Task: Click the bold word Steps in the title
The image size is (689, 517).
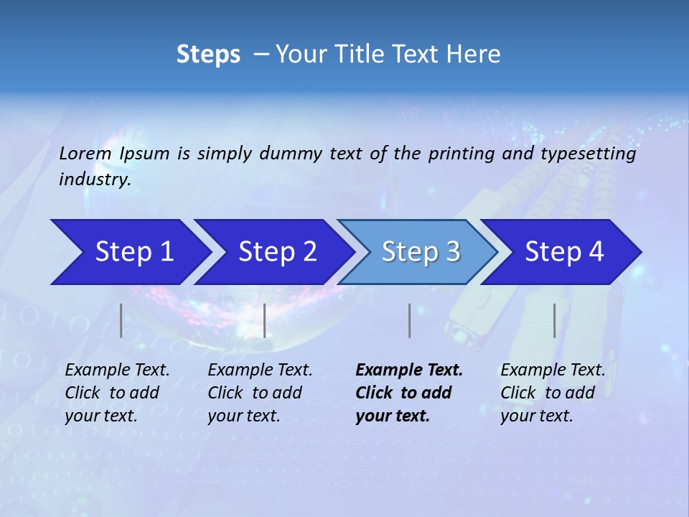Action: click(x=208, y=54)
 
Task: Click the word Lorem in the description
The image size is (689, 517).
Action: click(x=85, y=153)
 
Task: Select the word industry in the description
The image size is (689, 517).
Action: click(x=95, y=180)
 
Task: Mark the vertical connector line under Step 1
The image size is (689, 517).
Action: click(x=121, y=320)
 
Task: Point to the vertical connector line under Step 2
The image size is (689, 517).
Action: click(x=265, y=320)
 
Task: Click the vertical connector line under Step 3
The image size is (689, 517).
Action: click(x=409, y=320)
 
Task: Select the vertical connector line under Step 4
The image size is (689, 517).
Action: click(x=555, y=320)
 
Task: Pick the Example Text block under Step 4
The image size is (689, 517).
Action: click(x=553, y=393)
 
